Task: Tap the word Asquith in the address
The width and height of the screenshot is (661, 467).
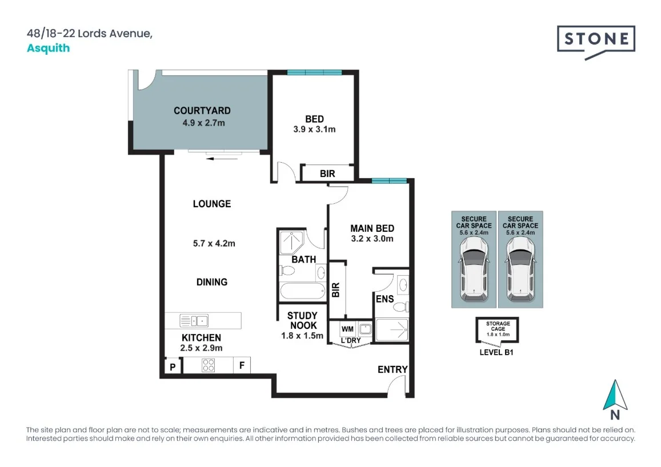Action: point(48,48)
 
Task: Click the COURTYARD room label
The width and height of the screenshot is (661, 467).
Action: point(202,111)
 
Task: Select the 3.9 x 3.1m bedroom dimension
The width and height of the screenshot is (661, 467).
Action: point(314,130)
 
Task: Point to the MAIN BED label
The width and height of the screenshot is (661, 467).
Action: point(372,228)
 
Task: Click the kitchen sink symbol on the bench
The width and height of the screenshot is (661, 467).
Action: point(194,320)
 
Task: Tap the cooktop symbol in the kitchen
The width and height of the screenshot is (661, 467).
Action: point(208,365)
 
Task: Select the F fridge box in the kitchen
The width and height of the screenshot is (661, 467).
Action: point(242,365)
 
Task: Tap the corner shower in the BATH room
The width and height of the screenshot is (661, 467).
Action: point(291,242)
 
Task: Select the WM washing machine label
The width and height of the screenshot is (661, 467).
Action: point(347,329)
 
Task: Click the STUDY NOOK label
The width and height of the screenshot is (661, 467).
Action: point(302,320)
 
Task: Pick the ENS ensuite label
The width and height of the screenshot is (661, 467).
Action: point(384,299)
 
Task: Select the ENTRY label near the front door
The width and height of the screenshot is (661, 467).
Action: point(392,369)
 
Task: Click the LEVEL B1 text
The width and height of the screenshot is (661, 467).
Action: point(496,353)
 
